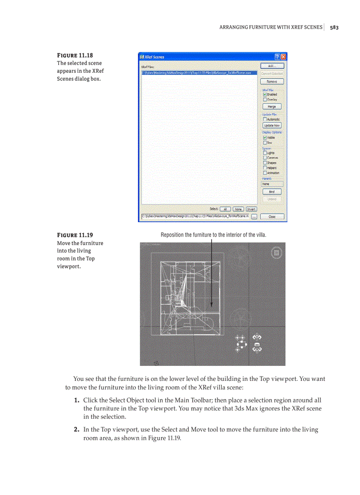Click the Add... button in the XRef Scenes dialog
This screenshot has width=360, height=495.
pos(272,66)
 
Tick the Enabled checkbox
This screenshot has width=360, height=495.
pos(265,94)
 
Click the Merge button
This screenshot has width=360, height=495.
pos(272,107)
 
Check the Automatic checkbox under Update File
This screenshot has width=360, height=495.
pos(265,119)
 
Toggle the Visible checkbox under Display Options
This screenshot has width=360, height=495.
pos(265,138)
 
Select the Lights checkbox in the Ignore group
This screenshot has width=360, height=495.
pos(265,153)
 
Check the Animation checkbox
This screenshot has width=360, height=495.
pos(265,173)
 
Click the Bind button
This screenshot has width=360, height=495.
pos(272,192)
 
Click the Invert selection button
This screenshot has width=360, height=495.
pos(251,209)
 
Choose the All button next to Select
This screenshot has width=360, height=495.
pos(225,209)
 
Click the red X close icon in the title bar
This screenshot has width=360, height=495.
pos(283,57)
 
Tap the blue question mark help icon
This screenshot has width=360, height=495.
pos(277,57)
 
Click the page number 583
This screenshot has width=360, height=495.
pos(334,27)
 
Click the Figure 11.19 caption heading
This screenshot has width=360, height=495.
pos(75,235)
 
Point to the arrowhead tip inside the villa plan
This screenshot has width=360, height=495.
pos(212,306)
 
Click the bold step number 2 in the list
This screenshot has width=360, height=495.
pos(76,429)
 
